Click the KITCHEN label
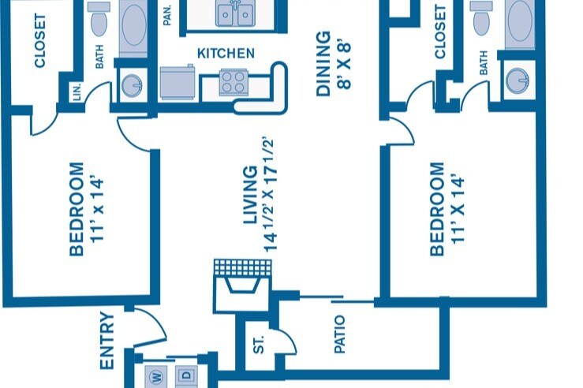[x=226, y=54]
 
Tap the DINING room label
[x=323, y=64]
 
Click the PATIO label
[x=339, y=334]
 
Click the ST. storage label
[x=259, y=345]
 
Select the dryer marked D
[x=186, y=376]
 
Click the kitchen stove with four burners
[x=233, y=82]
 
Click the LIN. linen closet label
[x=77, y=93]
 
